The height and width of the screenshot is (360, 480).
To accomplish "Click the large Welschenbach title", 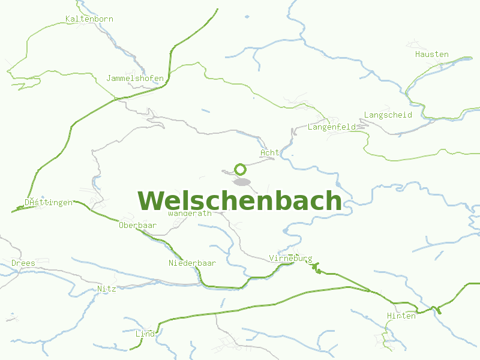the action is point(240,201).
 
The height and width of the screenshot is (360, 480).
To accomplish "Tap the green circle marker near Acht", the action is point(241,169).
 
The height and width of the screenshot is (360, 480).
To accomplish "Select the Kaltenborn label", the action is point(89,19).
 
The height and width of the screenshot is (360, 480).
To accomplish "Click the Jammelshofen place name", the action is point(134,79).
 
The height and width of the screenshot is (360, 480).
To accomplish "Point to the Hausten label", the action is point(431,55).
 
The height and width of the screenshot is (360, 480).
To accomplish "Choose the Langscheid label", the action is point(388,115).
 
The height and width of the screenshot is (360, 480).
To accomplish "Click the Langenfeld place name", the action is point(332,127).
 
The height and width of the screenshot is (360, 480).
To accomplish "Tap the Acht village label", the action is point(269,153).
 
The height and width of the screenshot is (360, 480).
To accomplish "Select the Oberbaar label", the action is point(137,226).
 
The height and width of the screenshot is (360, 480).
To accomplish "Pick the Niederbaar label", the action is point(192,263).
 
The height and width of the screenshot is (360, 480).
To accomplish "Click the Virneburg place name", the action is point(290,259).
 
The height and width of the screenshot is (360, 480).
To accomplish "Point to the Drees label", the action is point(23,263).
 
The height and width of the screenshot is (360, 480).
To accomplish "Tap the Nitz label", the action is point(106,289).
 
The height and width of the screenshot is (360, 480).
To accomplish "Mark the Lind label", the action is point(145,334).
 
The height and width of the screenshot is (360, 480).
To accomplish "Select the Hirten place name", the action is point(401,316).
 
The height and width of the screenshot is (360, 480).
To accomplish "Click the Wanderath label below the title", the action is point(190,213).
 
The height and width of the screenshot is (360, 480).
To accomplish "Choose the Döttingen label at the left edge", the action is point(49,202).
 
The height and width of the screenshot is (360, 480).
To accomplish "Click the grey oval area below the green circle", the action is point(242,182).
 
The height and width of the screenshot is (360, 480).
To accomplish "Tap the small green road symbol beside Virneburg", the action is point(316,266).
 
